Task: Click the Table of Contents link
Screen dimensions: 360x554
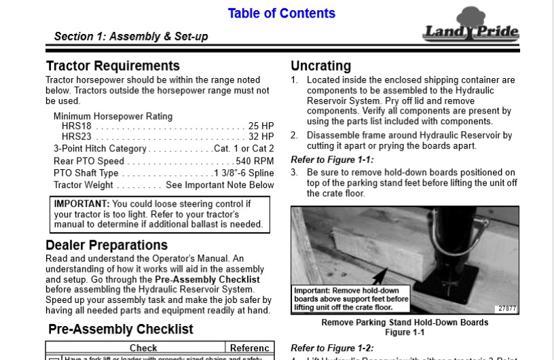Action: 281,14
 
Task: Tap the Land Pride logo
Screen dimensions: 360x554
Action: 470,27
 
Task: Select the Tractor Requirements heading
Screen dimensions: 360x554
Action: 113,66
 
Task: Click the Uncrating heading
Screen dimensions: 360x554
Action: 320,66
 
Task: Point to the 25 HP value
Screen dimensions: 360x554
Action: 261,126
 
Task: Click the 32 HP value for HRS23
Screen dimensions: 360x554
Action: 261,137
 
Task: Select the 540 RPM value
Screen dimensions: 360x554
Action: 255,161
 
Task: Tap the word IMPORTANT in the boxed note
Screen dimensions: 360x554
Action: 81,204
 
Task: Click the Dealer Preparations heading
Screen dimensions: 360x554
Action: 107,245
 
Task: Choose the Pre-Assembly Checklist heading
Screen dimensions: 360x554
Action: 121,329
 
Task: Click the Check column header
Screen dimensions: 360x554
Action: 143,348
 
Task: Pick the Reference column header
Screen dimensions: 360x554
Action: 249,348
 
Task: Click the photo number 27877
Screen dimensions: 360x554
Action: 506,308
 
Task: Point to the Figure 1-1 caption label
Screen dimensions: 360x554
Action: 405,333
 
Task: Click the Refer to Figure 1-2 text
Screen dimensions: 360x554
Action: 332,348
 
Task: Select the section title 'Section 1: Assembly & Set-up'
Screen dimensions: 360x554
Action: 131,37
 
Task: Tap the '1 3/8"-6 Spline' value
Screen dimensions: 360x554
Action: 244,173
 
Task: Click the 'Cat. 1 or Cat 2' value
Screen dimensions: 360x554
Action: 244,149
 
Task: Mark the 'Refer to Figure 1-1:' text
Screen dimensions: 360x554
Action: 332,160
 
